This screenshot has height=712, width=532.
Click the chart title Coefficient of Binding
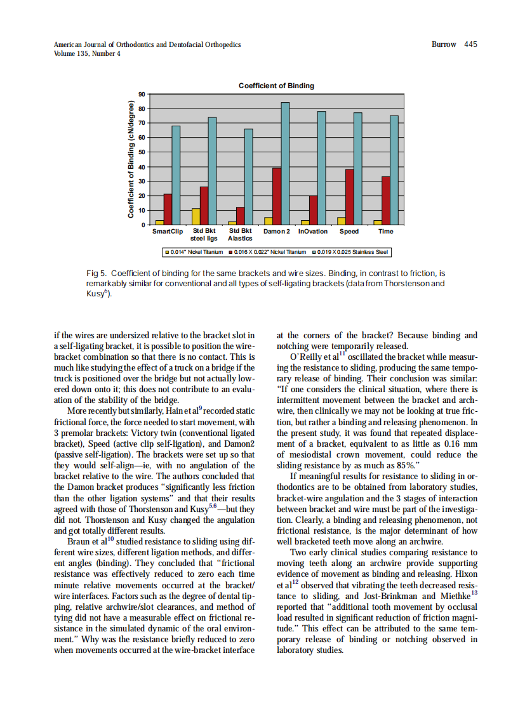point(276,86)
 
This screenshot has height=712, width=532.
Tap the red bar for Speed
point(349,197)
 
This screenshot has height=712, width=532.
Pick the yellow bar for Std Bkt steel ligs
point(196,216)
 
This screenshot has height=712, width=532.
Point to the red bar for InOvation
point(313,210)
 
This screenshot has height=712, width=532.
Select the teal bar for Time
point(394,170)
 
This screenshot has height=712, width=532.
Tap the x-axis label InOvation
point(313,232)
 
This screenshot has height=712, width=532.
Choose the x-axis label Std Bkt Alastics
point(240,235)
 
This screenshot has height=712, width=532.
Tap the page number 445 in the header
point(470,44)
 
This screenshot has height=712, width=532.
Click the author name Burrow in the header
point(444,44)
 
